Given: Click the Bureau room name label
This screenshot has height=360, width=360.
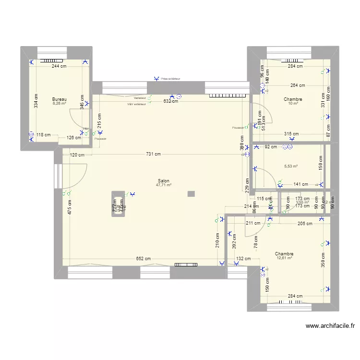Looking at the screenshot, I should click(59, 99).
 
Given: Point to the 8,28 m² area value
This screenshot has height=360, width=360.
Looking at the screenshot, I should click(59, 103).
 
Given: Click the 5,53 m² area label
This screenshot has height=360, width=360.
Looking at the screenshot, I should click(291, 167).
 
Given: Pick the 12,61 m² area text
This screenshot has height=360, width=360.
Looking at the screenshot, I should click(284, 258).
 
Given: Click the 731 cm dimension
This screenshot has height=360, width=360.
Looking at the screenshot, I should click(153, 154).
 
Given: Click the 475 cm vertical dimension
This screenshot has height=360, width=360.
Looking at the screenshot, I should click(70, 207).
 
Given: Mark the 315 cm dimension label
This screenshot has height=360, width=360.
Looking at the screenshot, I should click(291, 134).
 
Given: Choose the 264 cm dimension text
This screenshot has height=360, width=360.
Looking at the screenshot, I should click(298, 85).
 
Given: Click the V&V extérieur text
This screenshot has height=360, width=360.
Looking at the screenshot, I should click(136, 104).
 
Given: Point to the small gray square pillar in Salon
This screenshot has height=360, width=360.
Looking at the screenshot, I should click(191, 194).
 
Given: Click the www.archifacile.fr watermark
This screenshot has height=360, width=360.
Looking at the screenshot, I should click(331, 326).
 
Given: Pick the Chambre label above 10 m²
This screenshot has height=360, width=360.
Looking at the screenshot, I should click(293, 99).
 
